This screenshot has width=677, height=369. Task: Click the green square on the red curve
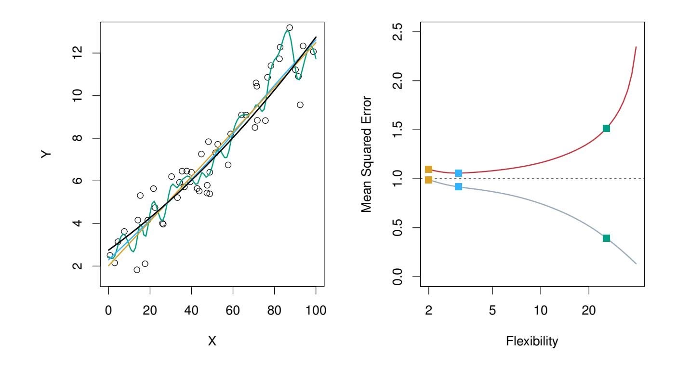tap(606, 128)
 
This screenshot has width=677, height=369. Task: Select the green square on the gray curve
tap(606, 238)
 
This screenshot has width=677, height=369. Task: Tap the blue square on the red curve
tap(458, 173)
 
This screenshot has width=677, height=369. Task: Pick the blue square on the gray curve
tap(458, 186)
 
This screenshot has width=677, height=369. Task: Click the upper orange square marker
tap(428, 169)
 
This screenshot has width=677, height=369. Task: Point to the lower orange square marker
tap(428, 180)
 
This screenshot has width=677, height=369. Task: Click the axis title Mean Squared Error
tap(367, 154)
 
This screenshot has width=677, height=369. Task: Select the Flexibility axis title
tap(532, 342)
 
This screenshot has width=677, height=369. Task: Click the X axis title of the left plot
tap(212, 342)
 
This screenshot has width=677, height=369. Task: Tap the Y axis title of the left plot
tap(46, 154)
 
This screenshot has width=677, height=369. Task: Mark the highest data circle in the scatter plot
tap(289, 28)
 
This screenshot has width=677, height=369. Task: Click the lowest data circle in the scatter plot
tap(137, 270)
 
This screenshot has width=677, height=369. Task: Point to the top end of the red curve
tap(636, 47)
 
